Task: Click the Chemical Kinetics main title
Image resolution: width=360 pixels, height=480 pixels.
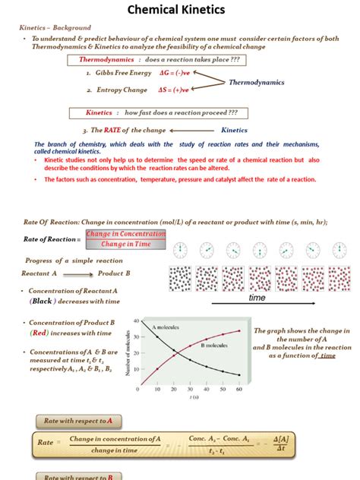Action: pyautogui.click(x=179, y=11)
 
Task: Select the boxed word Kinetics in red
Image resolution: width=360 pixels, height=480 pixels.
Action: pyautogui.click(x=99, y=112)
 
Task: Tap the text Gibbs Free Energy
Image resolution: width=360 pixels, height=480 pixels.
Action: pyautogui.click(x=123, y=73)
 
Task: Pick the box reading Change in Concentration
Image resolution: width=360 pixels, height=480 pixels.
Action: pyautogui.click(x=126, y=234)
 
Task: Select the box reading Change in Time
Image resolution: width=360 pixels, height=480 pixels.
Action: pyautogui.click(x=126, y=245)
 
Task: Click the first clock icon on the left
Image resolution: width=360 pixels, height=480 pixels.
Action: pyautogui.click(x=180, y=250)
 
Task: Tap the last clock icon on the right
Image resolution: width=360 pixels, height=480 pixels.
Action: pyautogui.click(x=339, y=250)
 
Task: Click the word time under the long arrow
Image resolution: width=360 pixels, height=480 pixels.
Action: pyautogui.click(x=258, y=298)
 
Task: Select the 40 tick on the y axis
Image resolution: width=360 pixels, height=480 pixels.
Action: pyautogui.click(x=136, y=321)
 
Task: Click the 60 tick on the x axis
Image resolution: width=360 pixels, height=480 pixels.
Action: pyautogui.click(x=239, y=389)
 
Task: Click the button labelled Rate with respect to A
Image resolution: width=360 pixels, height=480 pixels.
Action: pyautogui.click(x=78, y=421)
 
